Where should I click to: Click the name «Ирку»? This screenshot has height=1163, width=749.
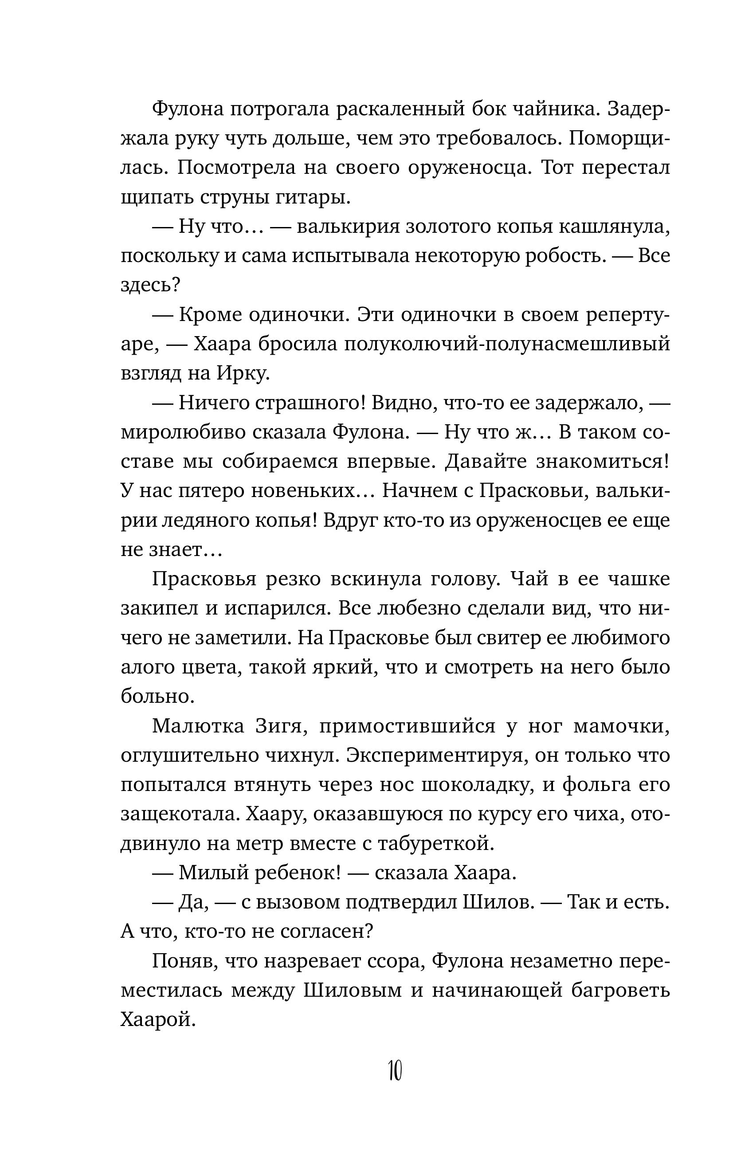pyautogui.click(x=242, y=373)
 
